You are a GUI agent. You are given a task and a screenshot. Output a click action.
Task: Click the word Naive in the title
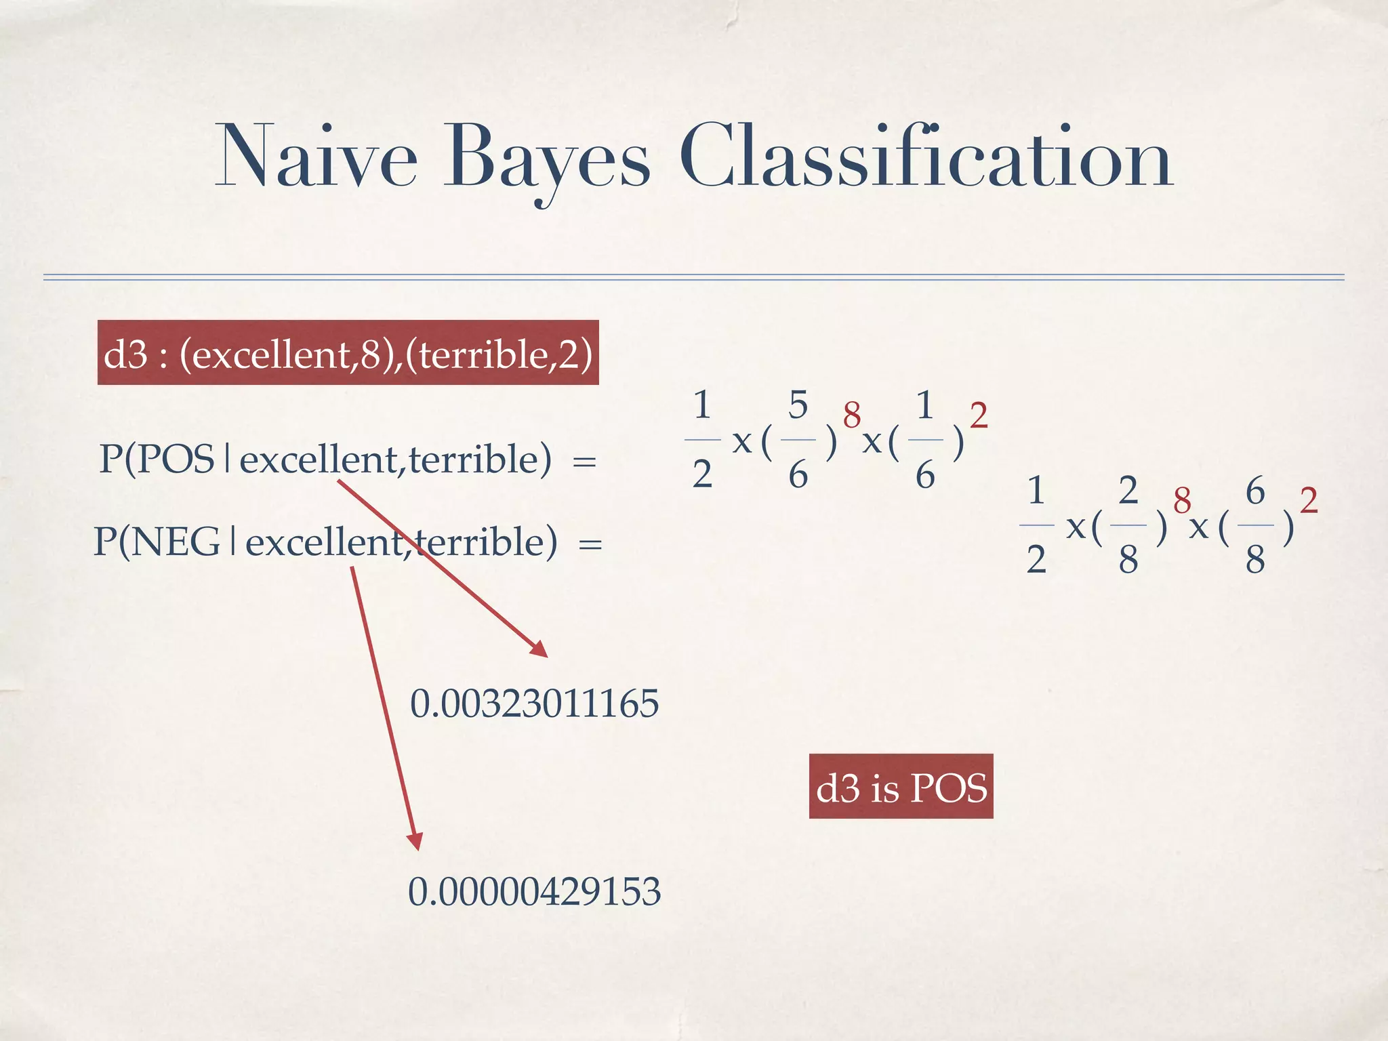click(x=316, y=157)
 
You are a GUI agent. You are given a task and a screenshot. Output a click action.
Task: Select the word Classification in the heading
click(x=925, y=157)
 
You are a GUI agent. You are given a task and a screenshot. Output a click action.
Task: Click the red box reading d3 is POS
click(x=901, y=787)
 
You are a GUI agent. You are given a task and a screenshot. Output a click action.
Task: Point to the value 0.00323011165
click(x=534, y=703)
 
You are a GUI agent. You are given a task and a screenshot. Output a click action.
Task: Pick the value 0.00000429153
click(x=534, y=891)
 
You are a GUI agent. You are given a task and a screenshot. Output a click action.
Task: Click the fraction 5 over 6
click(x=798, y=440)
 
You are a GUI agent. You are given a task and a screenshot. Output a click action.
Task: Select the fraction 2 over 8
click(x=1128, y=525)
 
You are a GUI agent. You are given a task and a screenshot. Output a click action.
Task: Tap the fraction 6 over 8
click(x=1255, y=525)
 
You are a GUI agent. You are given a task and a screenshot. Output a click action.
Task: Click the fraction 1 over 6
click(x=925, y=440)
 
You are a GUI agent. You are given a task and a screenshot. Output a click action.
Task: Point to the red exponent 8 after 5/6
click(x=851, y=414)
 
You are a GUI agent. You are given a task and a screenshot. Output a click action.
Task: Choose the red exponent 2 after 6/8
click(x=1309, y=500)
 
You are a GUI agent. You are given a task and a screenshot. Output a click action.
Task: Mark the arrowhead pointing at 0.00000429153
click(x=415, y=842)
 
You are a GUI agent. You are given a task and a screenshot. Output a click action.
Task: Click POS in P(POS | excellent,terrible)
click(x=176, y=460)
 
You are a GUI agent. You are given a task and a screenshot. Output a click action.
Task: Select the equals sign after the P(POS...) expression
click(x=584, y=462)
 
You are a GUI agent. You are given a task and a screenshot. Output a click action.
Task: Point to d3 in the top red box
click(x=125, y=354)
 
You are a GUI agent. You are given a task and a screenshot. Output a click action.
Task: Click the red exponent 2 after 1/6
click(x=978, y=415)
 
